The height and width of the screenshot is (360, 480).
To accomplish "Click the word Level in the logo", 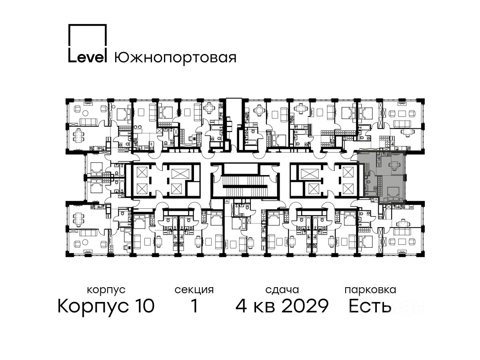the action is (x=88, y=58).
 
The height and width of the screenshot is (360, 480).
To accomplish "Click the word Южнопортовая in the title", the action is (x=175, y=58).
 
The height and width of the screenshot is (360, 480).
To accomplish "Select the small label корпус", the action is (x=106, y=290).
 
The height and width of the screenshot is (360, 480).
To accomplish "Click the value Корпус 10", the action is (x=106, y=306).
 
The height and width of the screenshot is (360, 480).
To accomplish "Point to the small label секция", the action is (x=194, y=290).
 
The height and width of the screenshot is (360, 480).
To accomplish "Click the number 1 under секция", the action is (x=194, y=306).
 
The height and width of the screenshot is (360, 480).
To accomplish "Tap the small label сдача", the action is (x=282, y=290).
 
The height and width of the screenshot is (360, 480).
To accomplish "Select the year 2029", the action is (x=305, y=306).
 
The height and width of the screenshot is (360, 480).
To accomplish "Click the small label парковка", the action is (x=370, y=290).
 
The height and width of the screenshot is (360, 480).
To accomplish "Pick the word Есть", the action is (x=370, y=306).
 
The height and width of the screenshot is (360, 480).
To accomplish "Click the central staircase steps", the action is (x=245, y=186).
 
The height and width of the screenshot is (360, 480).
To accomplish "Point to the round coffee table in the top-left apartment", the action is (x=86, y=113).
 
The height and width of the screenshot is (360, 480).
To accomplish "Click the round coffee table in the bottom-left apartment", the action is (x=86, y=242).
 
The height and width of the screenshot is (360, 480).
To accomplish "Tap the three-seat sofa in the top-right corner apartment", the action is (x=402, y=124).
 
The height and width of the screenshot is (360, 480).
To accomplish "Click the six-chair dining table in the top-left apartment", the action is (x=78, y=136).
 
